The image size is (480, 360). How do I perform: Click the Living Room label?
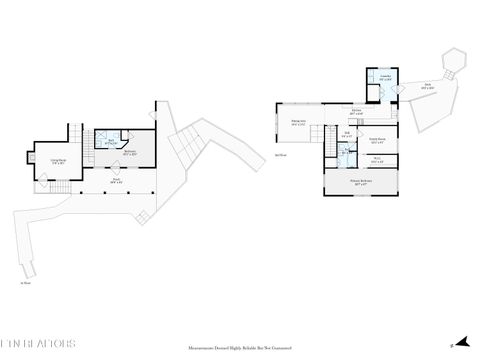tap(59, 160)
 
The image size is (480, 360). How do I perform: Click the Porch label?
tap(117, 182)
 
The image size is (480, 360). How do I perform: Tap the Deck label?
tap(427, 87)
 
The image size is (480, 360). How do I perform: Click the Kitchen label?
tap(356, 112)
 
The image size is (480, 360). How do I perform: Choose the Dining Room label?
tap(298, 124)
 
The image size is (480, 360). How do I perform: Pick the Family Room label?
tap(377, 141)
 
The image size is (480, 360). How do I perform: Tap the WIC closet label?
tap(376, 160)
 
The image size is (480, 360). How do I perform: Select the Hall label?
tap(347, 135)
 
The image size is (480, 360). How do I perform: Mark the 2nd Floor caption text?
tap(281, 156)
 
